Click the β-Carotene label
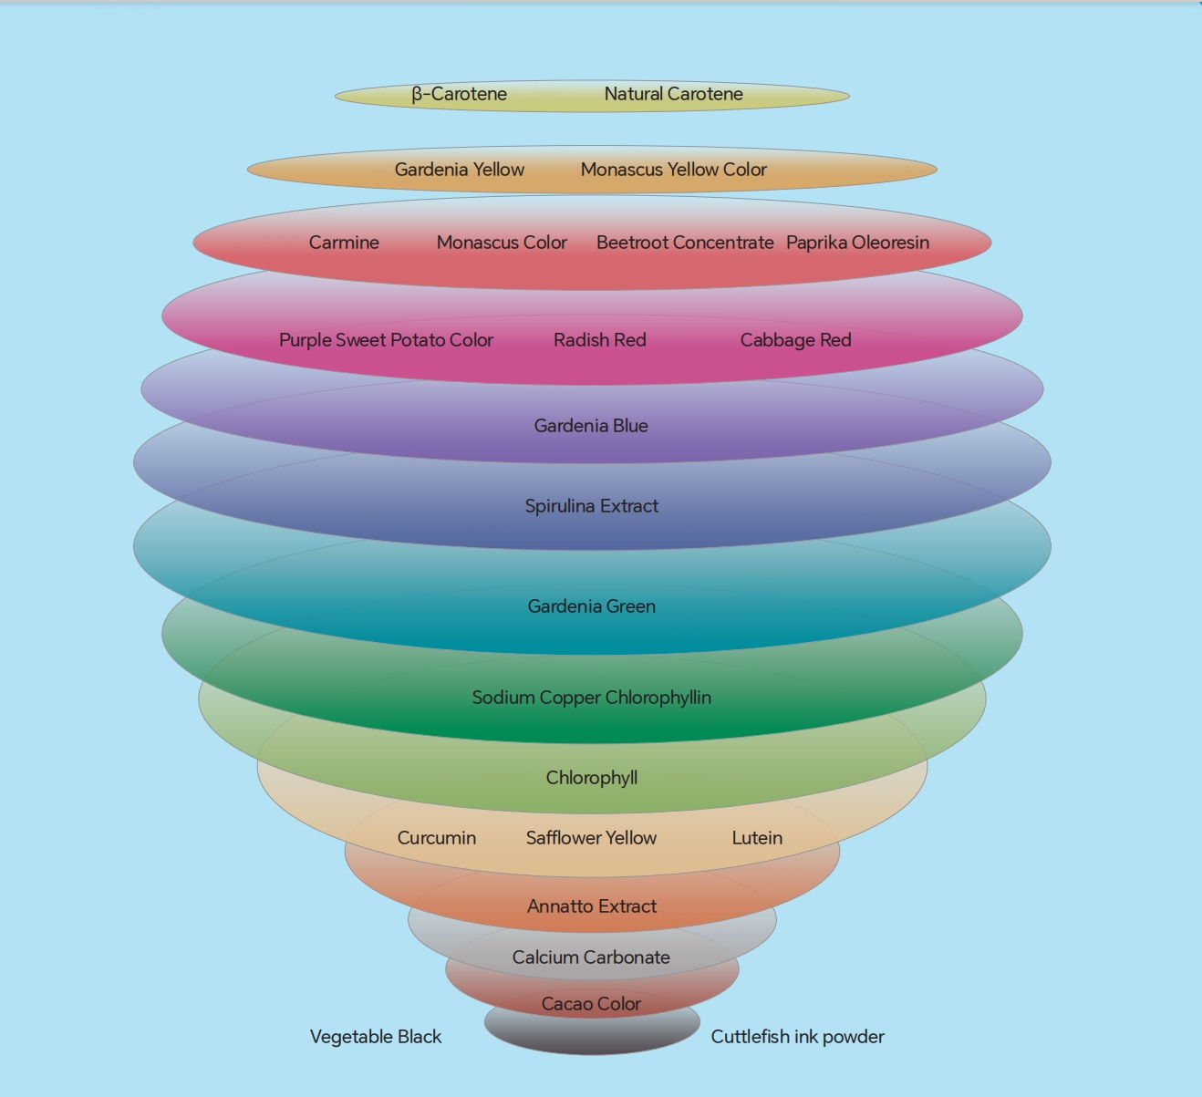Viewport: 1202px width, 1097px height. (x=460, y=94)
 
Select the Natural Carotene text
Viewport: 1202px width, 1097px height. (x=674, y=94)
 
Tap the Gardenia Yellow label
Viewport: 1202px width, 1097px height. (x=460, y=170)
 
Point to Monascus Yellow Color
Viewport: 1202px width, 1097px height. (x=674, y=170)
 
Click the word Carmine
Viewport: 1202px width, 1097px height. (x=344, y=243)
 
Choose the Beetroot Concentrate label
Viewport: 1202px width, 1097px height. (x=685, y=243)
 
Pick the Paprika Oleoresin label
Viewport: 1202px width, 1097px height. (x=857, y=243)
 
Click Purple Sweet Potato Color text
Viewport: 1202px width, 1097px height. (x=386, y=340)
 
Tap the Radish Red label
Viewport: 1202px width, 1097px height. (x=600, y=340)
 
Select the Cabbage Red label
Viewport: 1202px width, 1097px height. (x=796, y=340)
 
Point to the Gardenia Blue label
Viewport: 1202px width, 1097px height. (x=591, y=426)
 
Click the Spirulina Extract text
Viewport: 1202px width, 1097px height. (x=591, y=506)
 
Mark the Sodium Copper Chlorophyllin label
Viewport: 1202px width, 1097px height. (x=591, y=698)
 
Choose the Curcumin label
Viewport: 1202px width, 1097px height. (x=437, y=838)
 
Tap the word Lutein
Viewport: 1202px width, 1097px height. (x=757, y=838)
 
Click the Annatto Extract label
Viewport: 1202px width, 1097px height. (x=591, y=906)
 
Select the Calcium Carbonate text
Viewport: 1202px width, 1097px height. (x=591, y=957)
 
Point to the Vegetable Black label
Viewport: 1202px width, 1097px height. (x=376, y=1037)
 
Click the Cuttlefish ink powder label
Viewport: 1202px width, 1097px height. (x=798, y=1037)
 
